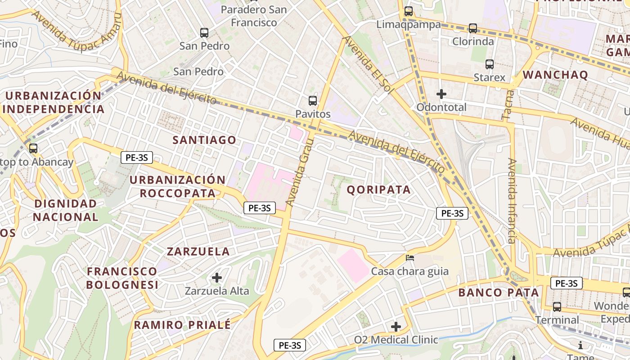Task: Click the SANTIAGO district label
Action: coord(205,140)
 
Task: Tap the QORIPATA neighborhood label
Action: coord(379,189)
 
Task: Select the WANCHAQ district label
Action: coord(556,75)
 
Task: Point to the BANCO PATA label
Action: coord(499,292)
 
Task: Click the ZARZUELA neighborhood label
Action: coord(198,251)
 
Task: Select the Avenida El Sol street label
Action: coord(365,63)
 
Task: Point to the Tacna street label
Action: coord(508,104)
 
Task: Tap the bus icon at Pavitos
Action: coord(313,100)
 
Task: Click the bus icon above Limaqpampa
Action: coord(409,11)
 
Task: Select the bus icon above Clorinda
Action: coord(473,28)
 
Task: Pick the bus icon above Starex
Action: coord(490,64)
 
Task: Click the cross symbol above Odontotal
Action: coord(441,94)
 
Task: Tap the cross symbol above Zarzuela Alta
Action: coord(217,277)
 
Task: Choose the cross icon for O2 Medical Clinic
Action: coord(396,326)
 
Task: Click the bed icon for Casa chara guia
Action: coord(410,258)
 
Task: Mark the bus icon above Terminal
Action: coord(557,307)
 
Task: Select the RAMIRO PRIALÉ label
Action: coord(182,324)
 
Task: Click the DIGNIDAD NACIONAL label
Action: coord(66,210)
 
